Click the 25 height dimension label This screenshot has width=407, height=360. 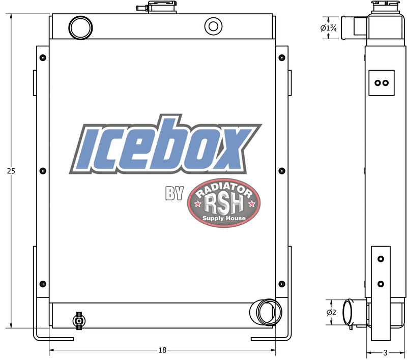(11, 171)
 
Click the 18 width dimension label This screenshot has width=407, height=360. (162, 350)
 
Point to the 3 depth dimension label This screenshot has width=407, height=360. (386, 353)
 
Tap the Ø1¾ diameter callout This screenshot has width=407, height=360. (329, 28)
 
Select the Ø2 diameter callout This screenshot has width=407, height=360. (331, 312)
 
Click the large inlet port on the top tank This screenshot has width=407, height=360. (80, 28)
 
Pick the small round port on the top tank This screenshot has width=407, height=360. (213, 26)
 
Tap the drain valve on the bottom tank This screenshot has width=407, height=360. (78, 321)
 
